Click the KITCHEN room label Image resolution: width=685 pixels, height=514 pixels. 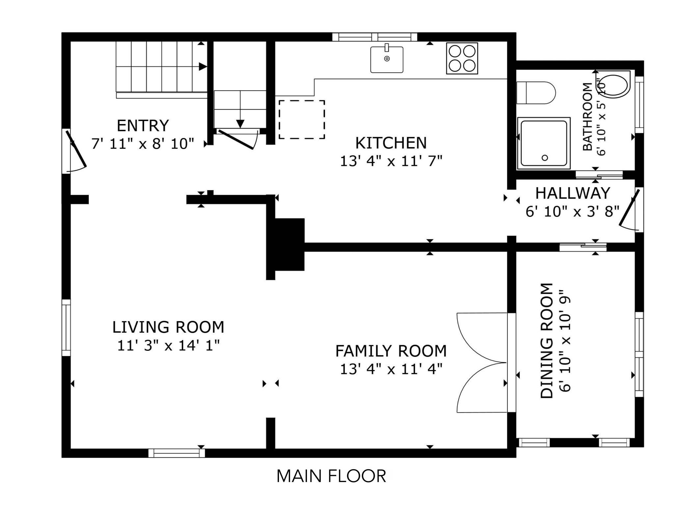point(391,143)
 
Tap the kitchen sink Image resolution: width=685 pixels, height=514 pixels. point(387,59)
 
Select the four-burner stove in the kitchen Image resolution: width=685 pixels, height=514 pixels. point(462,58)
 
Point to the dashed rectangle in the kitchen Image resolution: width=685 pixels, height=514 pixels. point(302,119)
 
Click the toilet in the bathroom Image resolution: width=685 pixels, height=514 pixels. point(536,93)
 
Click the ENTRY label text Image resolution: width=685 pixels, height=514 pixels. point(143,126)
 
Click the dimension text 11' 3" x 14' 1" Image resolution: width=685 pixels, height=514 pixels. point(168,346)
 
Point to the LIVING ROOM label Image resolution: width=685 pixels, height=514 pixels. point(168,327)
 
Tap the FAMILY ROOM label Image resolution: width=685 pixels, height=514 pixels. point(391,351)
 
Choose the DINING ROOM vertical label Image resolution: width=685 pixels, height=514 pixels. point(547,341)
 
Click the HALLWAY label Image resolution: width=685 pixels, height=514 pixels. point(573,193)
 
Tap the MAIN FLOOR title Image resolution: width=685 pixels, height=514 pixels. point(331,476)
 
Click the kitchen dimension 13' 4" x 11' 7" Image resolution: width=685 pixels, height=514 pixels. point(391,162)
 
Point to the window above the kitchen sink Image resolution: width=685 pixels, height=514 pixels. point(375,37)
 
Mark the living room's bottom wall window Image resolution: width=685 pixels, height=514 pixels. point(177,453)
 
